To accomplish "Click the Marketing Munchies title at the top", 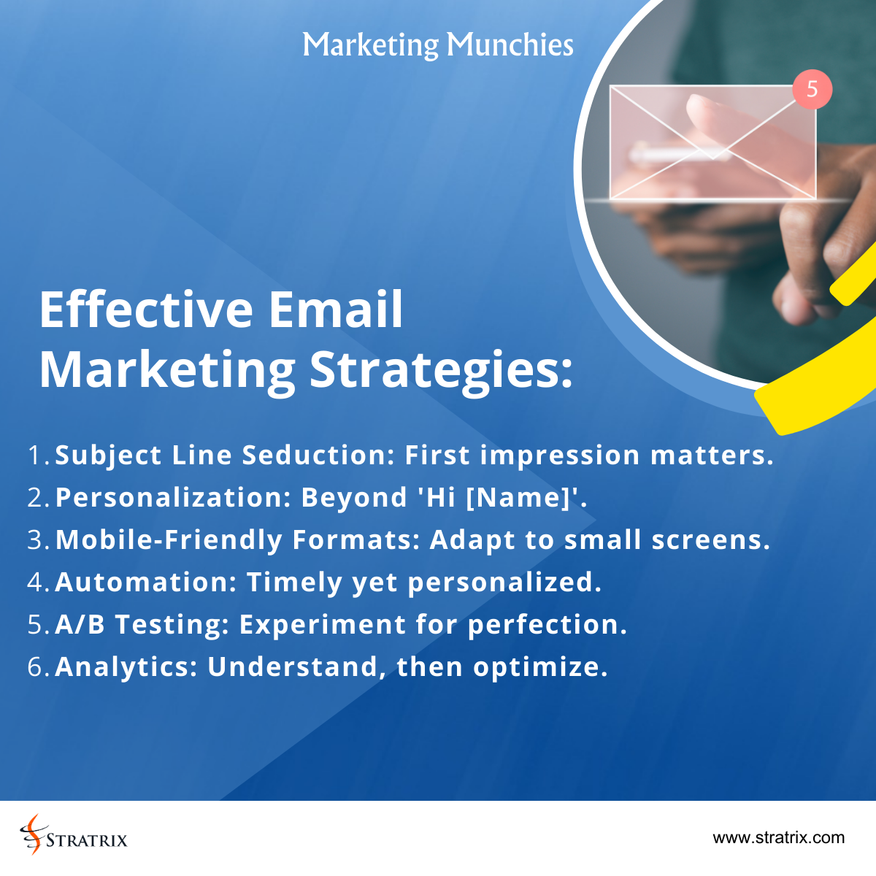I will (438, 45).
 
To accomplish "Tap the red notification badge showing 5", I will (812, 90).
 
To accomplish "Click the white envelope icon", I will (712, 142).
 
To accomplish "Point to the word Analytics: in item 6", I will (126, 666).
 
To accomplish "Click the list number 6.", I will (36, 666).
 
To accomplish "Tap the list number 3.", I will (36, 539).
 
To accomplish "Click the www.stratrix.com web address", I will (778, 837).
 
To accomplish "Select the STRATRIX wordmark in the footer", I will (86, 840).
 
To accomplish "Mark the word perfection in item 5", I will (547, 625).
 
